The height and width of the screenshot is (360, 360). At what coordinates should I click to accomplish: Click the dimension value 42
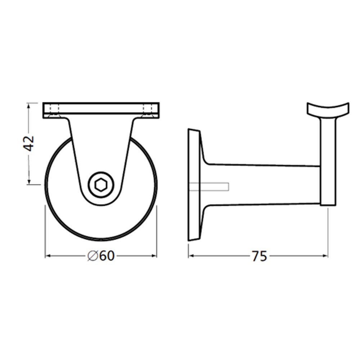(29, 144)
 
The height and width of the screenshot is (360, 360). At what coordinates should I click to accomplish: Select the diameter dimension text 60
(107, 256)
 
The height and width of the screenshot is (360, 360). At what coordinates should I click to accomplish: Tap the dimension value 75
(260, 256)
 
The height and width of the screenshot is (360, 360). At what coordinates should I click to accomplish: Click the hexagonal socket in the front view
(100, 185)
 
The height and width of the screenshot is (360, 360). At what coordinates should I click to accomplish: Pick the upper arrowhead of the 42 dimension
(29, 106)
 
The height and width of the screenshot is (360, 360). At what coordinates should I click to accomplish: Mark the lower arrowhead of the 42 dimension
(29, 181)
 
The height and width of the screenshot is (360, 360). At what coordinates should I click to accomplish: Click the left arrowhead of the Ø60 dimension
(48, 256)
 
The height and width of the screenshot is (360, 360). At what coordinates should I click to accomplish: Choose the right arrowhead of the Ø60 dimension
(154, 256)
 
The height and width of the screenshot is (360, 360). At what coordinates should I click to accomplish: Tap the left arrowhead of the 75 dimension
(192, 256)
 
